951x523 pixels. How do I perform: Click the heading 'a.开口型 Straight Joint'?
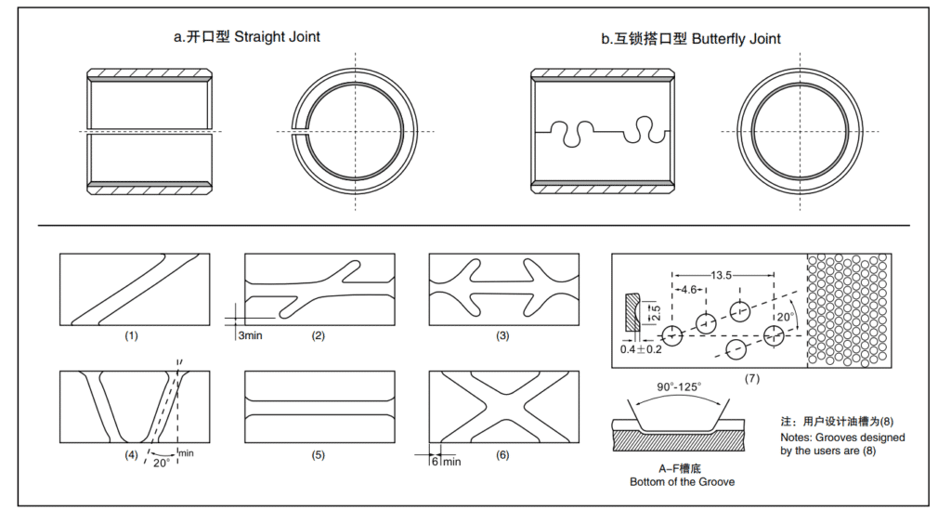[x=247, y=37]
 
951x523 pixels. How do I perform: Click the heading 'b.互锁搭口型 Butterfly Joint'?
[x=690, y=38]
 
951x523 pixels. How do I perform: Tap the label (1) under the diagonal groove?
[x=131, y=335]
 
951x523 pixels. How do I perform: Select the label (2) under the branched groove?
[x=318, y=335]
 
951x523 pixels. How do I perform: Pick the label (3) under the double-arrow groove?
[x=503, y=335]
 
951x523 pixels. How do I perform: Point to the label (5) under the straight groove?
[x=318, y=455]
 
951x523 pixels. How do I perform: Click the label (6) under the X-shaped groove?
[x=503, y=455]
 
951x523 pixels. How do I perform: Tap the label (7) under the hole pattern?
[x=751, y=379]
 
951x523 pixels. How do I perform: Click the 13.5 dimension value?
[x=723, y=274]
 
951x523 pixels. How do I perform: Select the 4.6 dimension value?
[x=688, y=289]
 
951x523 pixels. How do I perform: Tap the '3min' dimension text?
[x=253, y=335]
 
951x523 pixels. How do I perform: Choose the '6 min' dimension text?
[x=446, y=461]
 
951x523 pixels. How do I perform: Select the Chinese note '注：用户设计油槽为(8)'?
[x=840, y=421]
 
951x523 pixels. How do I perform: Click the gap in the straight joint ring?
[x=300, y=133]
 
